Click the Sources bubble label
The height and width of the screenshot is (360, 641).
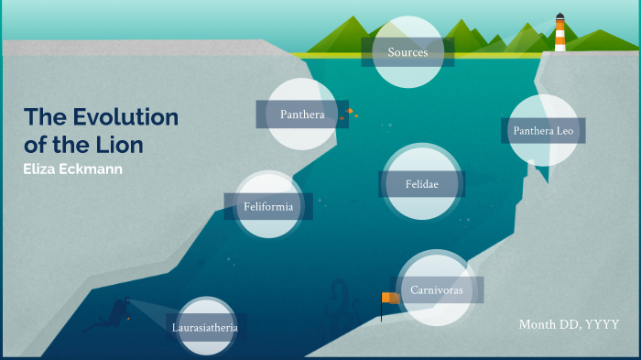coord(407,52)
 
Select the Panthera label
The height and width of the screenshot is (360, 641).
coord(302,115)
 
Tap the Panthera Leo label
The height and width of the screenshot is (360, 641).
coord(543,130)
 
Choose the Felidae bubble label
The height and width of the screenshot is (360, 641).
coord(422,184)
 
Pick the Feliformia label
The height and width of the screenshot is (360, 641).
coord(268,206)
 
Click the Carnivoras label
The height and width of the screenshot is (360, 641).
coord(436,289)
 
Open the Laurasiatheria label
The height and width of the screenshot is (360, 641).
coord(205,326)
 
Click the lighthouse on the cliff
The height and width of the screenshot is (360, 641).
coord(560,33)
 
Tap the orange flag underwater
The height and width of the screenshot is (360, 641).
coord(391,299)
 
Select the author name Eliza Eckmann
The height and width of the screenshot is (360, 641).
coord(72,169)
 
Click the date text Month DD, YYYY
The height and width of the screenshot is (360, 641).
coord(569,324)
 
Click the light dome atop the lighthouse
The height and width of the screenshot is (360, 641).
coord(560,16)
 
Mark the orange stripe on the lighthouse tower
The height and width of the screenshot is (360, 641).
coord(560,37)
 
